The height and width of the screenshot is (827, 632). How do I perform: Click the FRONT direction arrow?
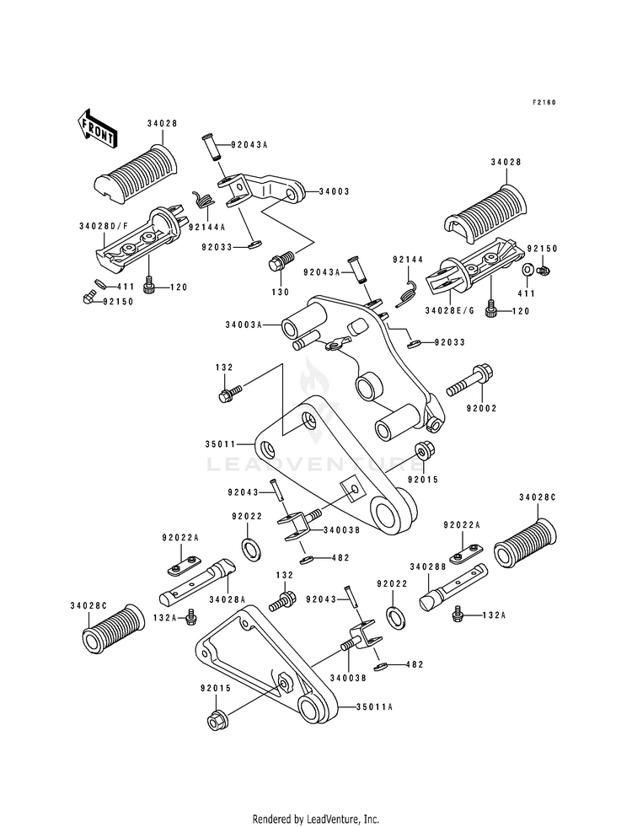point(97,127)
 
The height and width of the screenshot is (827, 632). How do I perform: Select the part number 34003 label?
point(334,191)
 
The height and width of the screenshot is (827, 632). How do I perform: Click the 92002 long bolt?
point(469,381)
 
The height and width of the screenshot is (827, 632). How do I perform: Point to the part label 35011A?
point(374,706)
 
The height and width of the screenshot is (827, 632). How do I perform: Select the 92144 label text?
point(408,260)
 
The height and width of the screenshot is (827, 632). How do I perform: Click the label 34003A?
point(244,325)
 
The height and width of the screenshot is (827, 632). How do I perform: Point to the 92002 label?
point(481,408)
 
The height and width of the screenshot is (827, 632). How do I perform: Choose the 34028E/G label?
point(450,311)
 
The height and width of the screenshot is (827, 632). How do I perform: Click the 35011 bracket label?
point(220,444)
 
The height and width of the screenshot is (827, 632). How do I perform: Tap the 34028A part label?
point(228,599)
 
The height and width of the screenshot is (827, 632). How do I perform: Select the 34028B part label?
point(428,567)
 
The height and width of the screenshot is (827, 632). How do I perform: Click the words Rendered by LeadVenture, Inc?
point(316,819)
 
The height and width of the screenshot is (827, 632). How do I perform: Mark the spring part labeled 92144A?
point(203,198)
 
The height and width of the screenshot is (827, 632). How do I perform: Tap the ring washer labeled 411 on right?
point(526,271)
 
